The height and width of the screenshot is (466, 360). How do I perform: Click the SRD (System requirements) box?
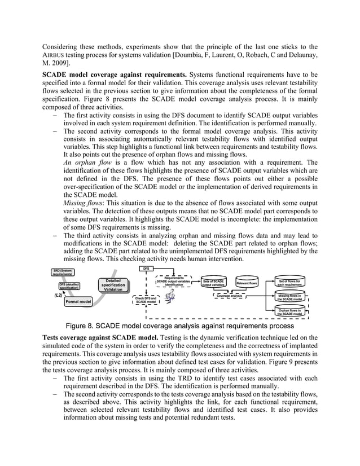63,272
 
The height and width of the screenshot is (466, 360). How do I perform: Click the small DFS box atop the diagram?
146,269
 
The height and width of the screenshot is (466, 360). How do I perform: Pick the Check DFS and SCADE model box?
146,300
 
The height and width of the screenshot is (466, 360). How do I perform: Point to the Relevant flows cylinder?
247,283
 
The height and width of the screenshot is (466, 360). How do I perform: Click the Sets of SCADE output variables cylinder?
214,283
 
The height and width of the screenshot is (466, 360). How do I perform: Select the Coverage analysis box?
230,295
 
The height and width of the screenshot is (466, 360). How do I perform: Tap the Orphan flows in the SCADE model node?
291,312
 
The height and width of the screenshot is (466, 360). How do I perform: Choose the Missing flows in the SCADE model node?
291,297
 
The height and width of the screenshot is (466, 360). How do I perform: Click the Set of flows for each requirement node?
291,282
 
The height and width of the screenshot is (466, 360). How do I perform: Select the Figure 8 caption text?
180,326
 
